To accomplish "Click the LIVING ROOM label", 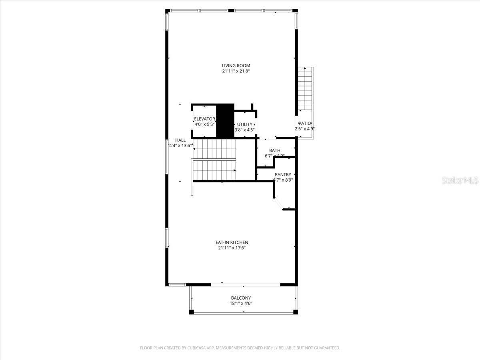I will point(236,66).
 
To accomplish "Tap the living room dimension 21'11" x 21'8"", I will point(236,71).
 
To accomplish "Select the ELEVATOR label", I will point(204,119).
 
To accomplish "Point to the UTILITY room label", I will point(244,124).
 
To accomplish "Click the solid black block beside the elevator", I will point(225,121).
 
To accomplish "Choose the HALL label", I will point(180,140).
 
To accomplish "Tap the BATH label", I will point(274,150).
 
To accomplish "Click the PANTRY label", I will point(283,175).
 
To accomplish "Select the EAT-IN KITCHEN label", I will point(232,242).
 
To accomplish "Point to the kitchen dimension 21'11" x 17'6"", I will point(232,248).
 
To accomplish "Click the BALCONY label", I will point(241,298).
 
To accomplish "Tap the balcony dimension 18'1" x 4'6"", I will point(241,304).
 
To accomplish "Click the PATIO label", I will point(304,124).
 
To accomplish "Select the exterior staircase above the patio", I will point(305,89).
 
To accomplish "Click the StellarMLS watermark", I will point(460,181).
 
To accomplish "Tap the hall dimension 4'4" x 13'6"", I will point(180,146).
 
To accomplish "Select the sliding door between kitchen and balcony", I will point(245,285).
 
